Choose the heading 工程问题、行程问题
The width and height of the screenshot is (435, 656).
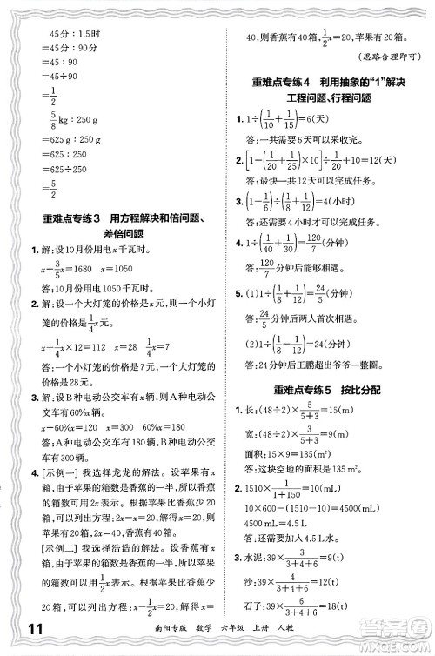[x=323, y=101]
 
